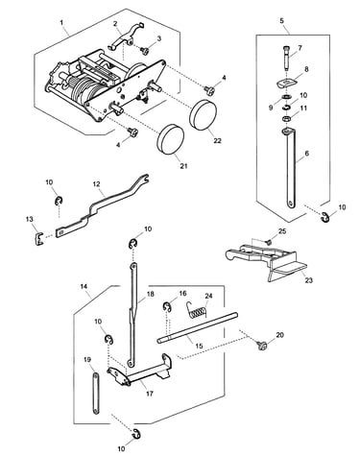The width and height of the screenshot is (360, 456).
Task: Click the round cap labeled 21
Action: pyautogui.click(x=171, y=139)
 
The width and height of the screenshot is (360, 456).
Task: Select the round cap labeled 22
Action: pyautogui.click(x=204, y=114)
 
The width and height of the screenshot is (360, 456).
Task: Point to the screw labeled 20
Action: pyautogui.click(x=262, y=345)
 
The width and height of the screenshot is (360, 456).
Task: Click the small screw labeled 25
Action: pyautogui.click(x=269, y=242)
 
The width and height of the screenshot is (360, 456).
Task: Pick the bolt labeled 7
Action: pyautogui.click(x=287, y=58)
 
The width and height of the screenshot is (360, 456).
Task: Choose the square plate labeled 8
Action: pyautogui.click(x=286, y=84)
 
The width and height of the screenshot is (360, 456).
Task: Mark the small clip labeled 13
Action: pyautogui.click(x=38, y=238)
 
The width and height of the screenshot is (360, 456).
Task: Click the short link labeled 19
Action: pyautogui.click(x=96, y=394)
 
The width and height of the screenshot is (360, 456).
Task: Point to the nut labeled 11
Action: pyautogui.click(x=286, y=119)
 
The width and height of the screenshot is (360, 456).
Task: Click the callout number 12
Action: pyautogui.click(x=96, y=184)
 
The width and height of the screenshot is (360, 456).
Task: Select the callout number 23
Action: pyautogui.click(x=308, y=280)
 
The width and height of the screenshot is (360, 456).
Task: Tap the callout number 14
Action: pyautogui.click(x=84, y=287)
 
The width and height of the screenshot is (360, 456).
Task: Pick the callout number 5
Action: pyautogui.click(x=281, y=21)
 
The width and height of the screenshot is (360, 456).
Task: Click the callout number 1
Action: pyautogui.click(x=61, y=23)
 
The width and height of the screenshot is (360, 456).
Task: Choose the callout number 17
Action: pyautogui.click(x=150, y=394)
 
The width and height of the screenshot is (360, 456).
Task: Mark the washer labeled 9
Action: pyautogui.click(x=285, y=97)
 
